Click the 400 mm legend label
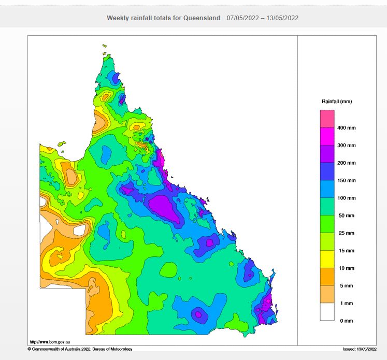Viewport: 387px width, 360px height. pos(347,127)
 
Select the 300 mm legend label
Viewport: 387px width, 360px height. pos(347,145)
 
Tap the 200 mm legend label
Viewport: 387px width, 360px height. pos(347,163)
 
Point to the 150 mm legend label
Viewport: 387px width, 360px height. pos(347,180)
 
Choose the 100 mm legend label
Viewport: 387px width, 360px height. pos(347,198)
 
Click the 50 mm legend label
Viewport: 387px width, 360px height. pos(346,215)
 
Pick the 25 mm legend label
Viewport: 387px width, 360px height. pos(346,233)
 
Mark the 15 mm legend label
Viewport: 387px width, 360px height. pos(346,251)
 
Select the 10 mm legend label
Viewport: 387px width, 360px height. pos(346,268)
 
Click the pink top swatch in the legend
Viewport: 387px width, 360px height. pos(327,119)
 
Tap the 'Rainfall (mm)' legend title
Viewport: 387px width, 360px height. pos(337,102)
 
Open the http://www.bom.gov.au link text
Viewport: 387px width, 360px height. pos(50,342)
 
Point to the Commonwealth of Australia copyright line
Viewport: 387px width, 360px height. pos(80,349)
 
